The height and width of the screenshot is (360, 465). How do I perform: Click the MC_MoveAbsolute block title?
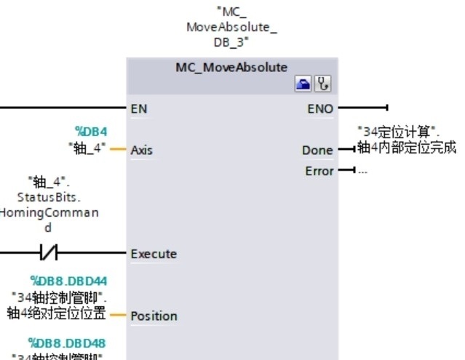231,68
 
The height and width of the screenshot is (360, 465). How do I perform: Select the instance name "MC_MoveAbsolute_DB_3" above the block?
231,28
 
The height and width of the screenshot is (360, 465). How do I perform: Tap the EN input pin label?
138,109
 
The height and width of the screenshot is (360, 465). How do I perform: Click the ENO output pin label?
320,109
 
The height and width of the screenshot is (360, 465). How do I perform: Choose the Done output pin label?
317,151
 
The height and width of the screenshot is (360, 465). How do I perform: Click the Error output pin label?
319,171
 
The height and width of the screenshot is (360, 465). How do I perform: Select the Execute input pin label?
153,254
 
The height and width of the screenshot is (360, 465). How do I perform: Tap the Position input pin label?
154,316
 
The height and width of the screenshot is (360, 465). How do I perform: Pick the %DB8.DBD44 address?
69,281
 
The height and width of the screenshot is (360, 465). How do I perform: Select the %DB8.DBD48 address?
69,343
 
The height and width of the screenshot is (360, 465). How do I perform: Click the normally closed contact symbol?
49,254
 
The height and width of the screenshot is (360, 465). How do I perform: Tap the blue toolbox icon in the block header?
302,85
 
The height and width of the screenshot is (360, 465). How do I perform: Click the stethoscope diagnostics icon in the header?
321,85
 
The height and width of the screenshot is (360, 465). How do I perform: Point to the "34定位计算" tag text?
400,132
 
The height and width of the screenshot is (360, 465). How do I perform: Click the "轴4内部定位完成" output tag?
406,148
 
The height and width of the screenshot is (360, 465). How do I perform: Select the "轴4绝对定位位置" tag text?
57,313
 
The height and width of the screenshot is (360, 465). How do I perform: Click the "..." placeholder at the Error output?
362,171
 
